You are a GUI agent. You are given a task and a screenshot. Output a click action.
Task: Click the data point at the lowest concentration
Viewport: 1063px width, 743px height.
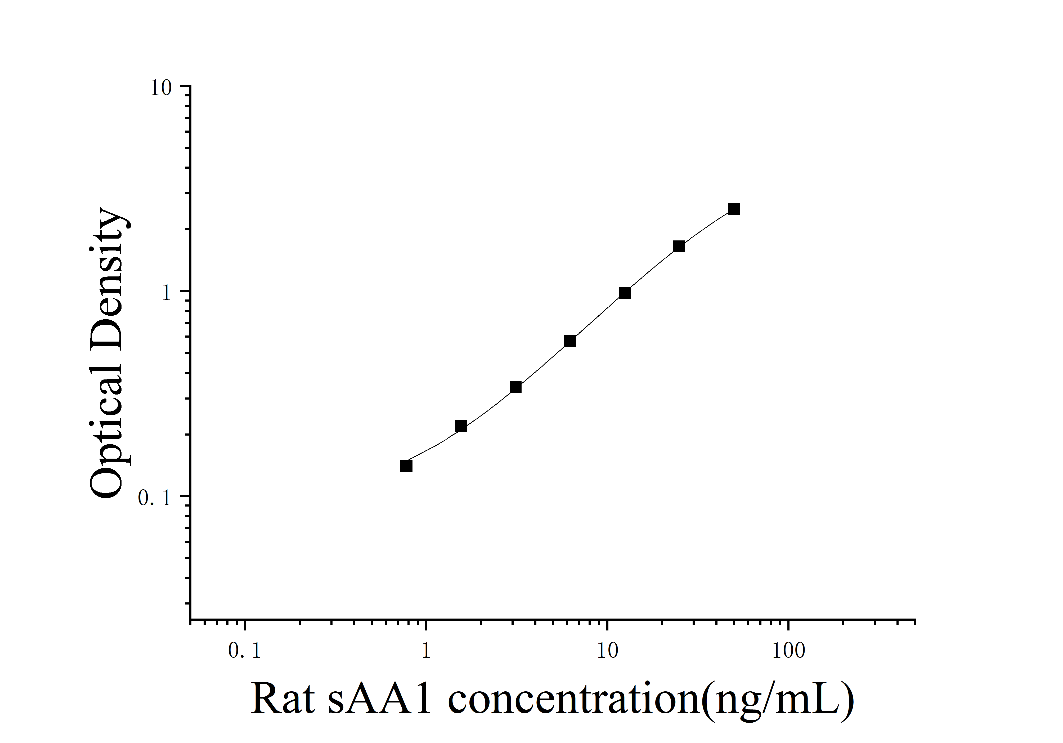(406, 466)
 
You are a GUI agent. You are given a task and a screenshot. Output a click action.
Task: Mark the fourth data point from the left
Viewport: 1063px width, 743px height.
(570, 341)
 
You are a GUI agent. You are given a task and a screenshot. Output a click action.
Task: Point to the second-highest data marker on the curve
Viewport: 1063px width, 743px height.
(679, 246)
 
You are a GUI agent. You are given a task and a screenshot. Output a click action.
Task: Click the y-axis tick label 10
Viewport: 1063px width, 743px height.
(161, 88)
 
